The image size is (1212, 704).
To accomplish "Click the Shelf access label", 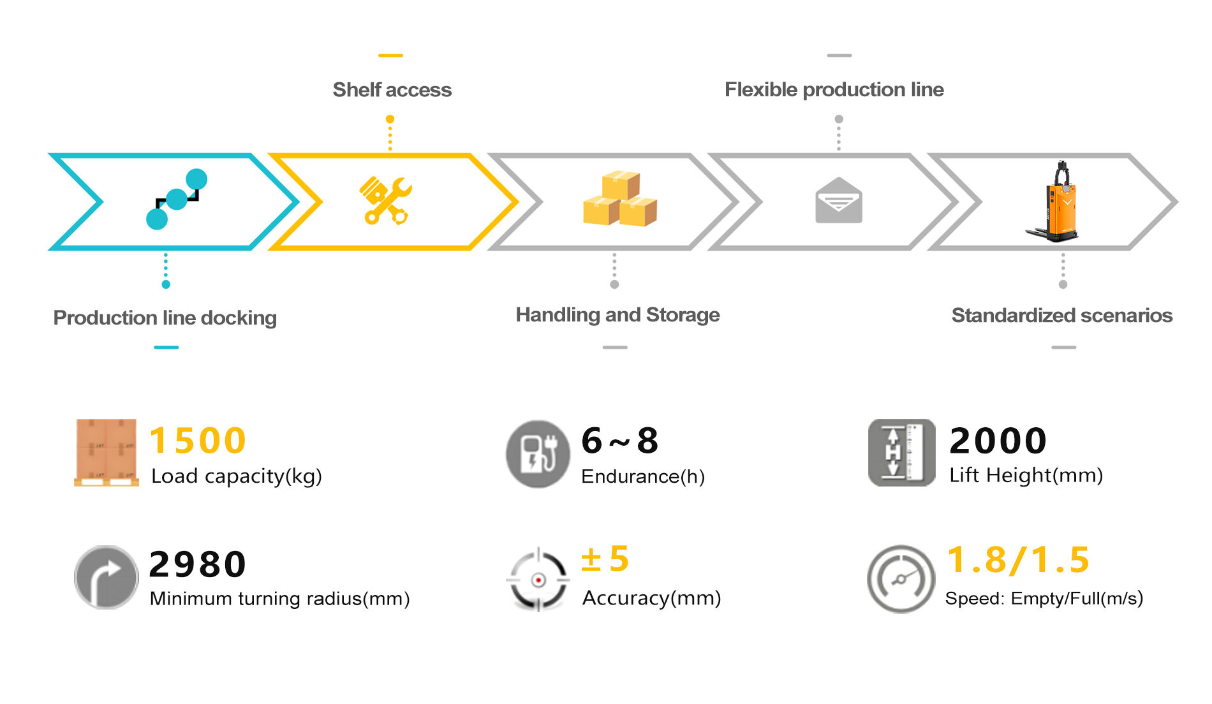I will point(392,90).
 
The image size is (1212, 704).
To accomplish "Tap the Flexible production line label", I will point(834,90).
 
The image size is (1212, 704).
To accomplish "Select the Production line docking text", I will point(165,318).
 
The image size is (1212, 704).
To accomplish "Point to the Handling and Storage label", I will point(617,315).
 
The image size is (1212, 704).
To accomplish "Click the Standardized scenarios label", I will point(1061,316).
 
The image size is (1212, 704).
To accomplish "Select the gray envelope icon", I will point(838,201).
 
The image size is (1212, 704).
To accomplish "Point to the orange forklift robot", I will point(1056,202).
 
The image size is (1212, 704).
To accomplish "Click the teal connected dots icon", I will point(176,199).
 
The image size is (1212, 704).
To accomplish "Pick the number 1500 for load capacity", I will point(198,441).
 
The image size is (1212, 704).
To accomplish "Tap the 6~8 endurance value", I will point(619,441).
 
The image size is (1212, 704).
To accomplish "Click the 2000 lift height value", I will point(998,441).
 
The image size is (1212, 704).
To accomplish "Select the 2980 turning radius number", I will point(198,564).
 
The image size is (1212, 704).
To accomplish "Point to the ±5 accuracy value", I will point(605,559).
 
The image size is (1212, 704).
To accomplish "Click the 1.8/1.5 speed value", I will point(1018,560).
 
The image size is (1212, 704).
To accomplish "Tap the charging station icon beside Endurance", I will point(537,454).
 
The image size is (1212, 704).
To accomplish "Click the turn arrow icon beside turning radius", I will point(106,577).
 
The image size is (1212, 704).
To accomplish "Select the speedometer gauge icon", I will point(900,579).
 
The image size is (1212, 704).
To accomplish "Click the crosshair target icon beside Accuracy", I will point(538,580).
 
